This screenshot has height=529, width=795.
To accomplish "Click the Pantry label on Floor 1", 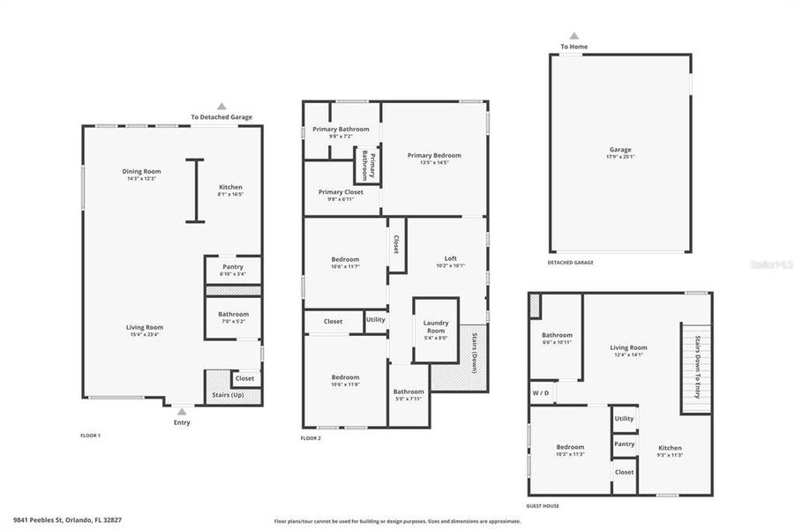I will click(233, 266).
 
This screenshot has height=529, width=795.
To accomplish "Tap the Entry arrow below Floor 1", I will click(181, 411).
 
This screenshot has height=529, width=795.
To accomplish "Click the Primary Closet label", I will click(341, 191).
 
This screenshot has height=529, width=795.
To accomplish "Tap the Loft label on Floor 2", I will click(450, 258).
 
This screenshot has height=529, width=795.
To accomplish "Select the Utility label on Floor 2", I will click(376, 319).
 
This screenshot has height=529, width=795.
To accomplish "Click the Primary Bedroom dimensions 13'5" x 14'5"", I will click(434, 162).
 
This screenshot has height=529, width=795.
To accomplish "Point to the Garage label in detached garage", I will click(620, 150).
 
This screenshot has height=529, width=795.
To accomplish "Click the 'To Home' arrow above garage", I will click(574, 36).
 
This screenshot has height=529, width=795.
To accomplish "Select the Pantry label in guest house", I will click(624, 444).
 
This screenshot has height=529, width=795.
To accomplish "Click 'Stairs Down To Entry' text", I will click(696, 367).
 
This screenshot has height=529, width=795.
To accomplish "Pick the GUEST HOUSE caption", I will click(544, 506).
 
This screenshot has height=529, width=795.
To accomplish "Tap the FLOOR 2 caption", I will click(311, 438).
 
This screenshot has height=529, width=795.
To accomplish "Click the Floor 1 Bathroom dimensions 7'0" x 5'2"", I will click(234, 321).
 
